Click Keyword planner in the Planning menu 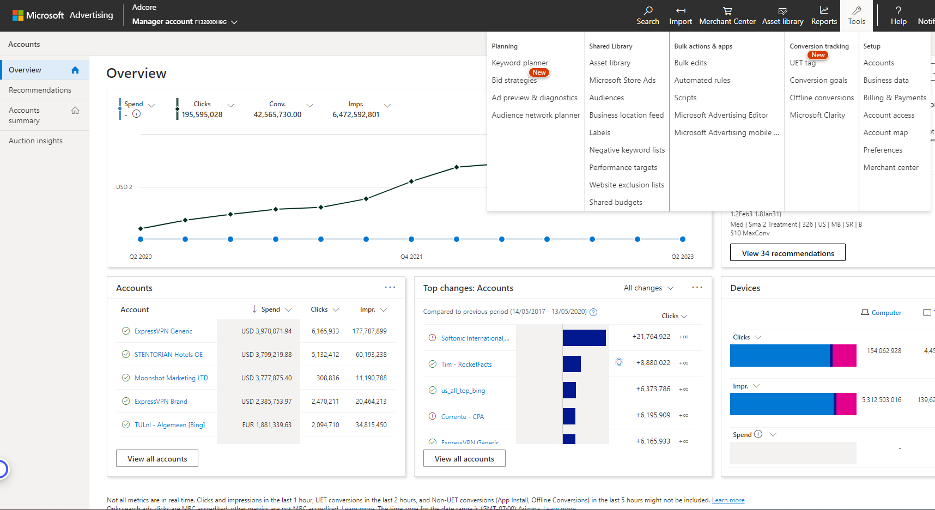coord(520,63)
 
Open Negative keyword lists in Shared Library coord(627,150)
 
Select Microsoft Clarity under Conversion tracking coord(817,115)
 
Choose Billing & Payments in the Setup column coord(894,98)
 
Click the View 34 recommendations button coord(787,253)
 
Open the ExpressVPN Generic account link coord(163,331)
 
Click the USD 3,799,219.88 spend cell coord(266,355)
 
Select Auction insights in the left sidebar coord(35,141)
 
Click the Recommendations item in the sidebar coord(40,90)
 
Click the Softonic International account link coord(475,338)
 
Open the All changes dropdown coord(648,288)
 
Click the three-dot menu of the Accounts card coord(390,287)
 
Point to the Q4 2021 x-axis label coord(411,257)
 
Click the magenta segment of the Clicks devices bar coord(845,355)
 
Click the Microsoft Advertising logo coord(63,15)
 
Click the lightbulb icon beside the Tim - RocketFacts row coord(619,362)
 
